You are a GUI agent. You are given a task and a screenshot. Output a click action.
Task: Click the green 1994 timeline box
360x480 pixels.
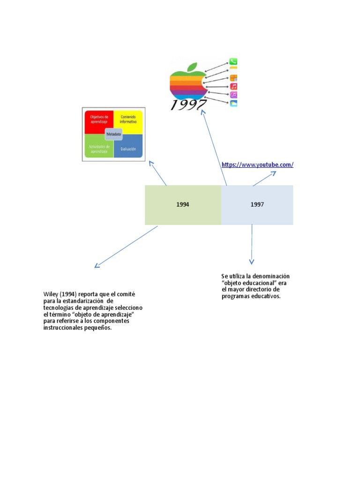click(x=183, y=205)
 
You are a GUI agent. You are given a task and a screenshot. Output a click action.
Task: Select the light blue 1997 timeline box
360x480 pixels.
click(x=257, y=205)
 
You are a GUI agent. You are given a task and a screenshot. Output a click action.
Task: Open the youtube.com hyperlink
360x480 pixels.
click(x=257, y=165)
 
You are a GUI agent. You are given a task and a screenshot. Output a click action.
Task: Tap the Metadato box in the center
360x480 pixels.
click(x=113, y=134)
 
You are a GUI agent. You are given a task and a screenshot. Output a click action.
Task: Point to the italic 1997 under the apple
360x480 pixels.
click(x=188, y=104)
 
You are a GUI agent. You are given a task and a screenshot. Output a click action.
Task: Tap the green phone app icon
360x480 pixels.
click(x=233, y=61)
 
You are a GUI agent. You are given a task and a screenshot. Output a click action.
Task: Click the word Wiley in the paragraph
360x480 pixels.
click(x=51, y=294)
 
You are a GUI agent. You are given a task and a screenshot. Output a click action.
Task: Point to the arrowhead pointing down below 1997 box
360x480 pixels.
click(x=252, y=262)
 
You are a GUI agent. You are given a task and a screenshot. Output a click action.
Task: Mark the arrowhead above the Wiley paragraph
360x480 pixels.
click(x=96, y=266)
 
